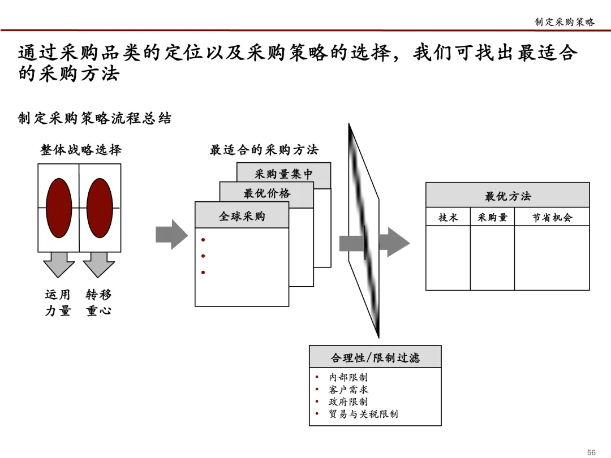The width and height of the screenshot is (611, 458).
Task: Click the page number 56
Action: (591, 452)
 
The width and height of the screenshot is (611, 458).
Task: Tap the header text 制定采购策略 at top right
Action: (565, 22)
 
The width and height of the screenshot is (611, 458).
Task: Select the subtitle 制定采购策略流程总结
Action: (94, 118)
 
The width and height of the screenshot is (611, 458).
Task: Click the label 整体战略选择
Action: (81, 150)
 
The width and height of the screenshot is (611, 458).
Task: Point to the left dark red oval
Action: (59, 208)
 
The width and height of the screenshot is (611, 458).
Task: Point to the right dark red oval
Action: (100, 208)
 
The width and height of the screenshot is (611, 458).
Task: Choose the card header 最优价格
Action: (266, 193)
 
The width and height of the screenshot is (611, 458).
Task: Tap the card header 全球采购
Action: (242, 216)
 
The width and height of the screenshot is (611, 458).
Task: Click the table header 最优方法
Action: (507, 196)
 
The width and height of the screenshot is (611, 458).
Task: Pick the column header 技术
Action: (448, 218)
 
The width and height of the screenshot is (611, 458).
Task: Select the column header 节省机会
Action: (552, 218)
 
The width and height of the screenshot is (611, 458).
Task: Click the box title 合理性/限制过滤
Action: (375, 357)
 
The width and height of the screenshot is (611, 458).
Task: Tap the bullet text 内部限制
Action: (348, 377)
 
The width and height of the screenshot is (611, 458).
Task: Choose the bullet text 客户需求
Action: (348, 390)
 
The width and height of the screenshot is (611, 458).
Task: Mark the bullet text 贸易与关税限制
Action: (363, 414)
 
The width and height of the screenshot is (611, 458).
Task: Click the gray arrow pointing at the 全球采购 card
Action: (171, 234)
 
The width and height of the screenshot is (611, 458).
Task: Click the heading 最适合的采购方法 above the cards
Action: (264, 150)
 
